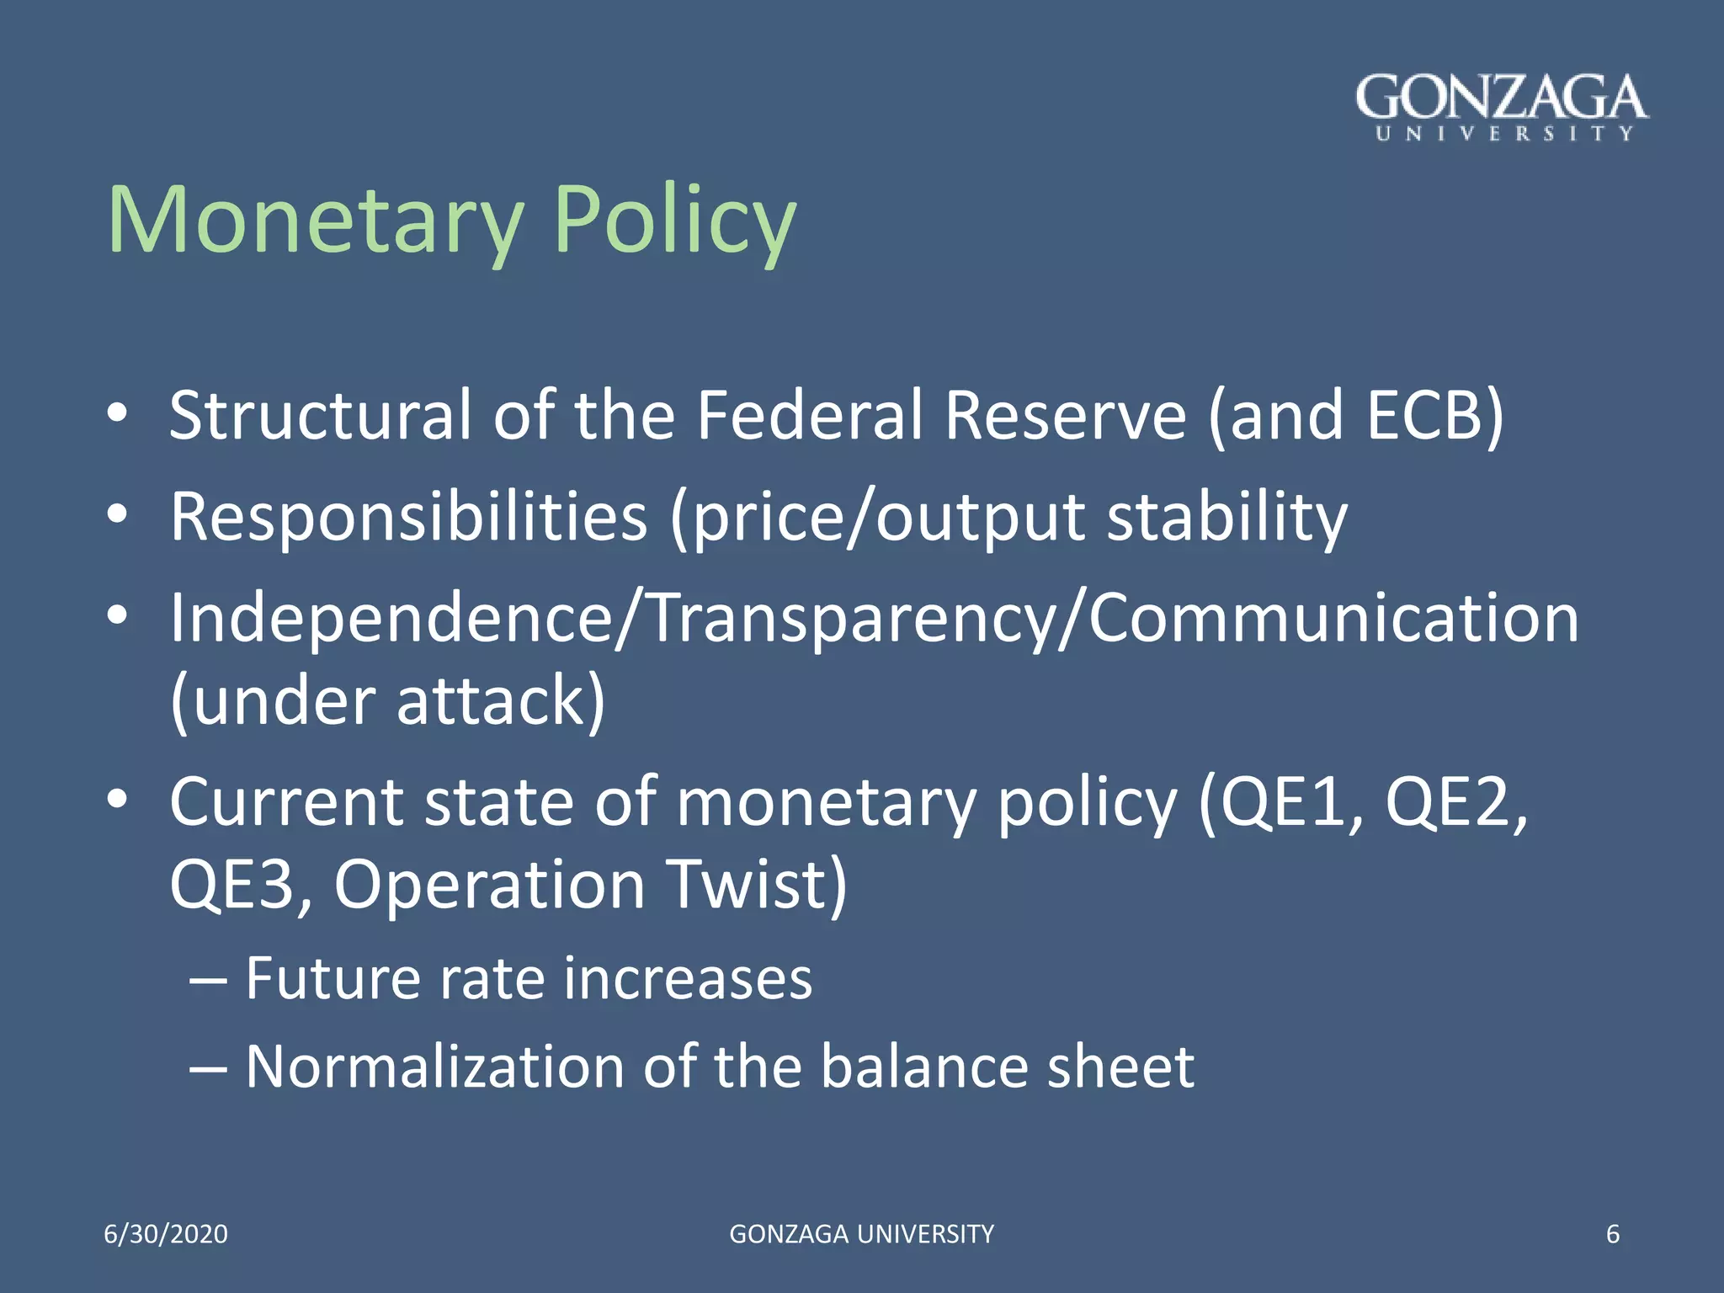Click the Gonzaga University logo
pos(1502,107)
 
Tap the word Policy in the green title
pos(674,220)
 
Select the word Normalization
pos(434,1067)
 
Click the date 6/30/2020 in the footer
pos(166,1234)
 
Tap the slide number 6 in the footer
pos(1613,1234)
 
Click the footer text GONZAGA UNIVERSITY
pos(861,1234)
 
